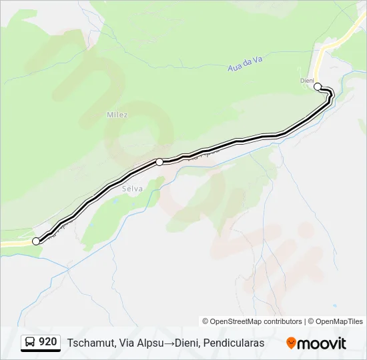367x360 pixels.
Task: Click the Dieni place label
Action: pos(307,81)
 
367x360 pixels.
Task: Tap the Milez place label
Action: pos(117,115)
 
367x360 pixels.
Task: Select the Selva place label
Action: pos(133,189)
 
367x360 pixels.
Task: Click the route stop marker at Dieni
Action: pos(318,86)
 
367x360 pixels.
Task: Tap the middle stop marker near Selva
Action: pos(159,161)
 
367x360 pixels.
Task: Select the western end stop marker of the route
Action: pos(36,241)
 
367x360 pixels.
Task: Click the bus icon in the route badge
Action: pos(30,342)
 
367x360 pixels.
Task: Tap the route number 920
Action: pos(47,342)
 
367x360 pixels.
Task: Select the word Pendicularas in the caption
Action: pos(234,343)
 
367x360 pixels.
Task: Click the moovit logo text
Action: pos(322,343)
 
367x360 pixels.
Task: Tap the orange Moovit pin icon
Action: pos(291,343)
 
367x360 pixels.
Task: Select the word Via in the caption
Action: pos(127,343)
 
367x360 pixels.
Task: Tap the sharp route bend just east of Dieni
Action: pos(331,95)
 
